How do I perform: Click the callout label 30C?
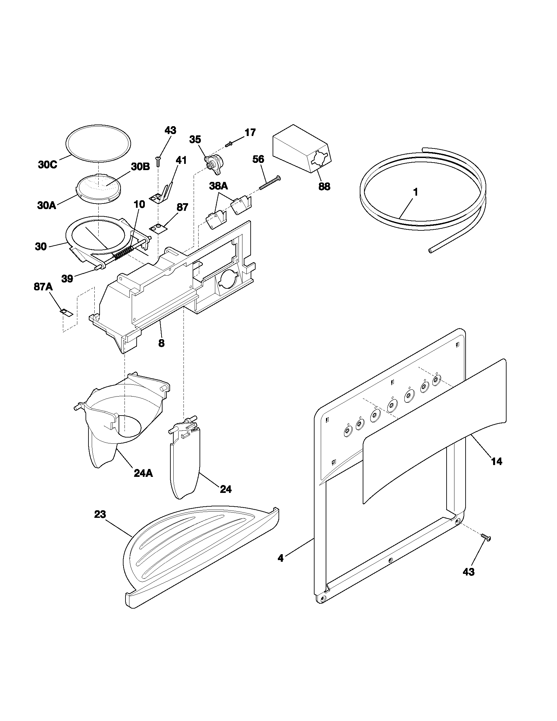click(48, 165)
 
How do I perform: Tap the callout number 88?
click(324, 186)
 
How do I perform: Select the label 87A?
click(43, 287)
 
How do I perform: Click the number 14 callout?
click(497, 461)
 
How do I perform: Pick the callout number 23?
click(100, 514)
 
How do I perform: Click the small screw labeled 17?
click(229, 144)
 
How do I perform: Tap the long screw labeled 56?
click(269, 183)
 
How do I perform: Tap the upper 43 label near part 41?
click(170, 130)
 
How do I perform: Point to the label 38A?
click(219, 186)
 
